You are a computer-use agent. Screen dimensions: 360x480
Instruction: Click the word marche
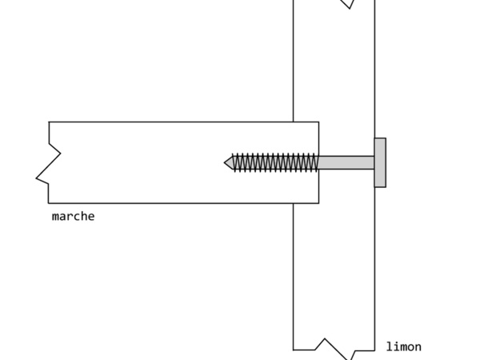[73, 216]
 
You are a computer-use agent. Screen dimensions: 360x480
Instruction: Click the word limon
[403, 346]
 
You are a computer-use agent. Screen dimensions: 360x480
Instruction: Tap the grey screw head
[380, 162]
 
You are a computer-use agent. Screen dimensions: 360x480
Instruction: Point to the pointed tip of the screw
[226, 162]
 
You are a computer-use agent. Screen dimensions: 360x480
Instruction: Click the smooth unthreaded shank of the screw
[346, 162]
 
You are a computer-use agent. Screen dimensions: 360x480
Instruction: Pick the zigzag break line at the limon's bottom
[336, 348]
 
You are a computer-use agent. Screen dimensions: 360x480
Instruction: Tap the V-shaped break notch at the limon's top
[347, 4]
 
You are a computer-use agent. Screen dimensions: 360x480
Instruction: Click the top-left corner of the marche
[49, 122]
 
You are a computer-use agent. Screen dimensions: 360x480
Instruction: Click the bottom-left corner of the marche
[49, 203]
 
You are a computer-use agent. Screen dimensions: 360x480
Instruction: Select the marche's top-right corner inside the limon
[318, 122]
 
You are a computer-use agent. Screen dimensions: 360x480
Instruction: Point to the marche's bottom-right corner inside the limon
[318, 203]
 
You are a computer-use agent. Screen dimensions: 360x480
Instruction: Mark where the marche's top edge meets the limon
[294, 122]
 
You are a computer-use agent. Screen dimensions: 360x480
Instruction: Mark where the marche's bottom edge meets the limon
[294, 203]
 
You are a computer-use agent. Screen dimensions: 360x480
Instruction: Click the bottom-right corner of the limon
[374, 350]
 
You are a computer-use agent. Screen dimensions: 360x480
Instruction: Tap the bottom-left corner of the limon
[294, 350]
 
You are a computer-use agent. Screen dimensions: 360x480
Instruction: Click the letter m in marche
[56, 216]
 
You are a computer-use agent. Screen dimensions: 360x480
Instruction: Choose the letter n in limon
[418, 346]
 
